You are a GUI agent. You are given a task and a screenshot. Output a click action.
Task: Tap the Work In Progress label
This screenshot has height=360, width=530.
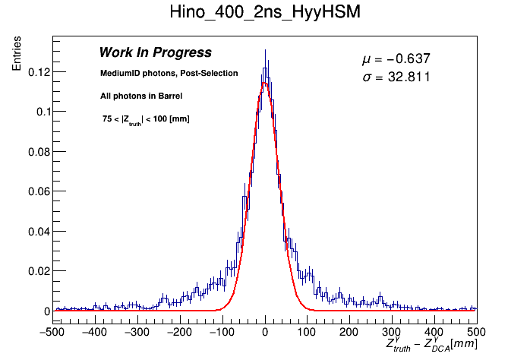coord(155,53)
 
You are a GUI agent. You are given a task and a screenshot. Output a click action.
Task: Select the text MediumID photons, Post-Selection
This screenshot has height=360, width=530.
coord(169,74)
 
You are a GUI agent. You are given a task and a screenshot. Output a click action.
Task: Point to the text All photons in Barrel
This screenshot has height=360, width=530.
coord(141,96)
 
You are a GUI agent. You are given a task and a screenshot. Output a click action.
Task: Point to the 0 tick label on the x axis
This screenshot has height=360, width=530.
coord(264,332)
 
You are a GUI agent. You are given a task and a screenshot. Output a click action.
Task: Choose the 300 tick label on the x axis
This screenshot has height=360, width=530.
coord(391,332)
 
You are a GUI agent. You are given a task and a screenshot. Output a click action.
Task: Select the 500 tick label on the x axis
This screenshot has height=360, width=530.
coord(475,332)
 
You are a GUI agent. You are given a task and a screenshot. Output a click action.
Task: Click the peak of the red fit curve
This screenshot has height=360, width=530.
coord(264,83)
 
